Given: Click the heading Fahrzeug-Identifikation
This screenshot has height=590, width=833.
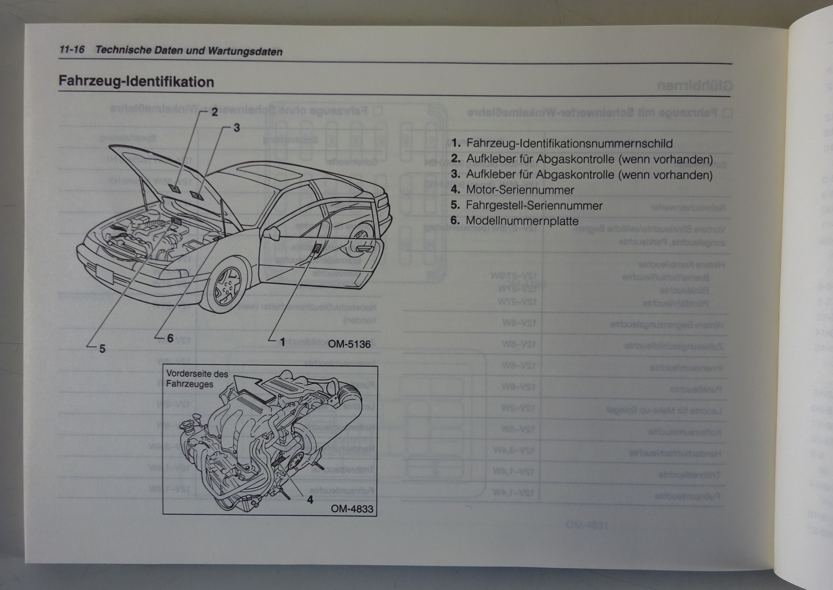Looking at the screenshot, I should [x=136, y=82].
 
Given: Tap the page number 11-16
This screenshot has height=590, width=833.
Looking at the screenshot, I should [x=72, y=50].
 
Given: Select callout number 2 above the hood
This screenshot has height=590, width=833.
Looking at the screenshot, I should [x=214, y=112].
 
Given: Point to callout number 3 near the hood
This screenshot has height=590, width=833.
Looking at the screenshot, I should [x=236, y=128].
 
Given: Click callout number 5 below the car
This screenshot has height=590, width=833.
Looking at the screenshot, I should [x=102, y=348].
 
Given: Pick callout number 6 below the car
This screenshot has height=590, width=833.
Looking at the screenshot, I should [x=170, y=338].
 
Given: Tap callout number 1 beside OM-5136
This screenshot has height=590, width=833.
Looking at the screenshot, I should [x=283, y=342].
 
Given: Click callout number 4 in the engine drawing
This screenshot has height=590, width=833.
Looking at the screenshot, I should [x=310, y=499].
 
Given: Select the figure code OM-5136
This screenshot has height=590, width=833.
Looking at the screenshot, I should [x=349, y=344].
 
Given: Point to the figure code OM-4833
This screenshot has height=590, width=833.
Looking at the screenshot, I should [x=352, y=509].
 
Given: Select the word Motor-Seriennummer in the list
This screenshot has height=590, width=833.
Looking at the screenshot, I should [x=520, y=190].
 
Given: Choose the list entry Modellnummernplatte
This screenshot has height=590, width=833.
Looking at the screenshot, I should [x=522, y=221].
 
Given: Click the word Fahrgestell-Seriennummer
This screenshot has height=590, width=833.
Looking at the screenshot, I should [x=534, y=206].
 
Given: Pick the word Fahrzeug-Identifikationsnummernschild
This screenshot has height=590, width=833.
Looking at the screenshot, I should [x=569, y=144].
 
